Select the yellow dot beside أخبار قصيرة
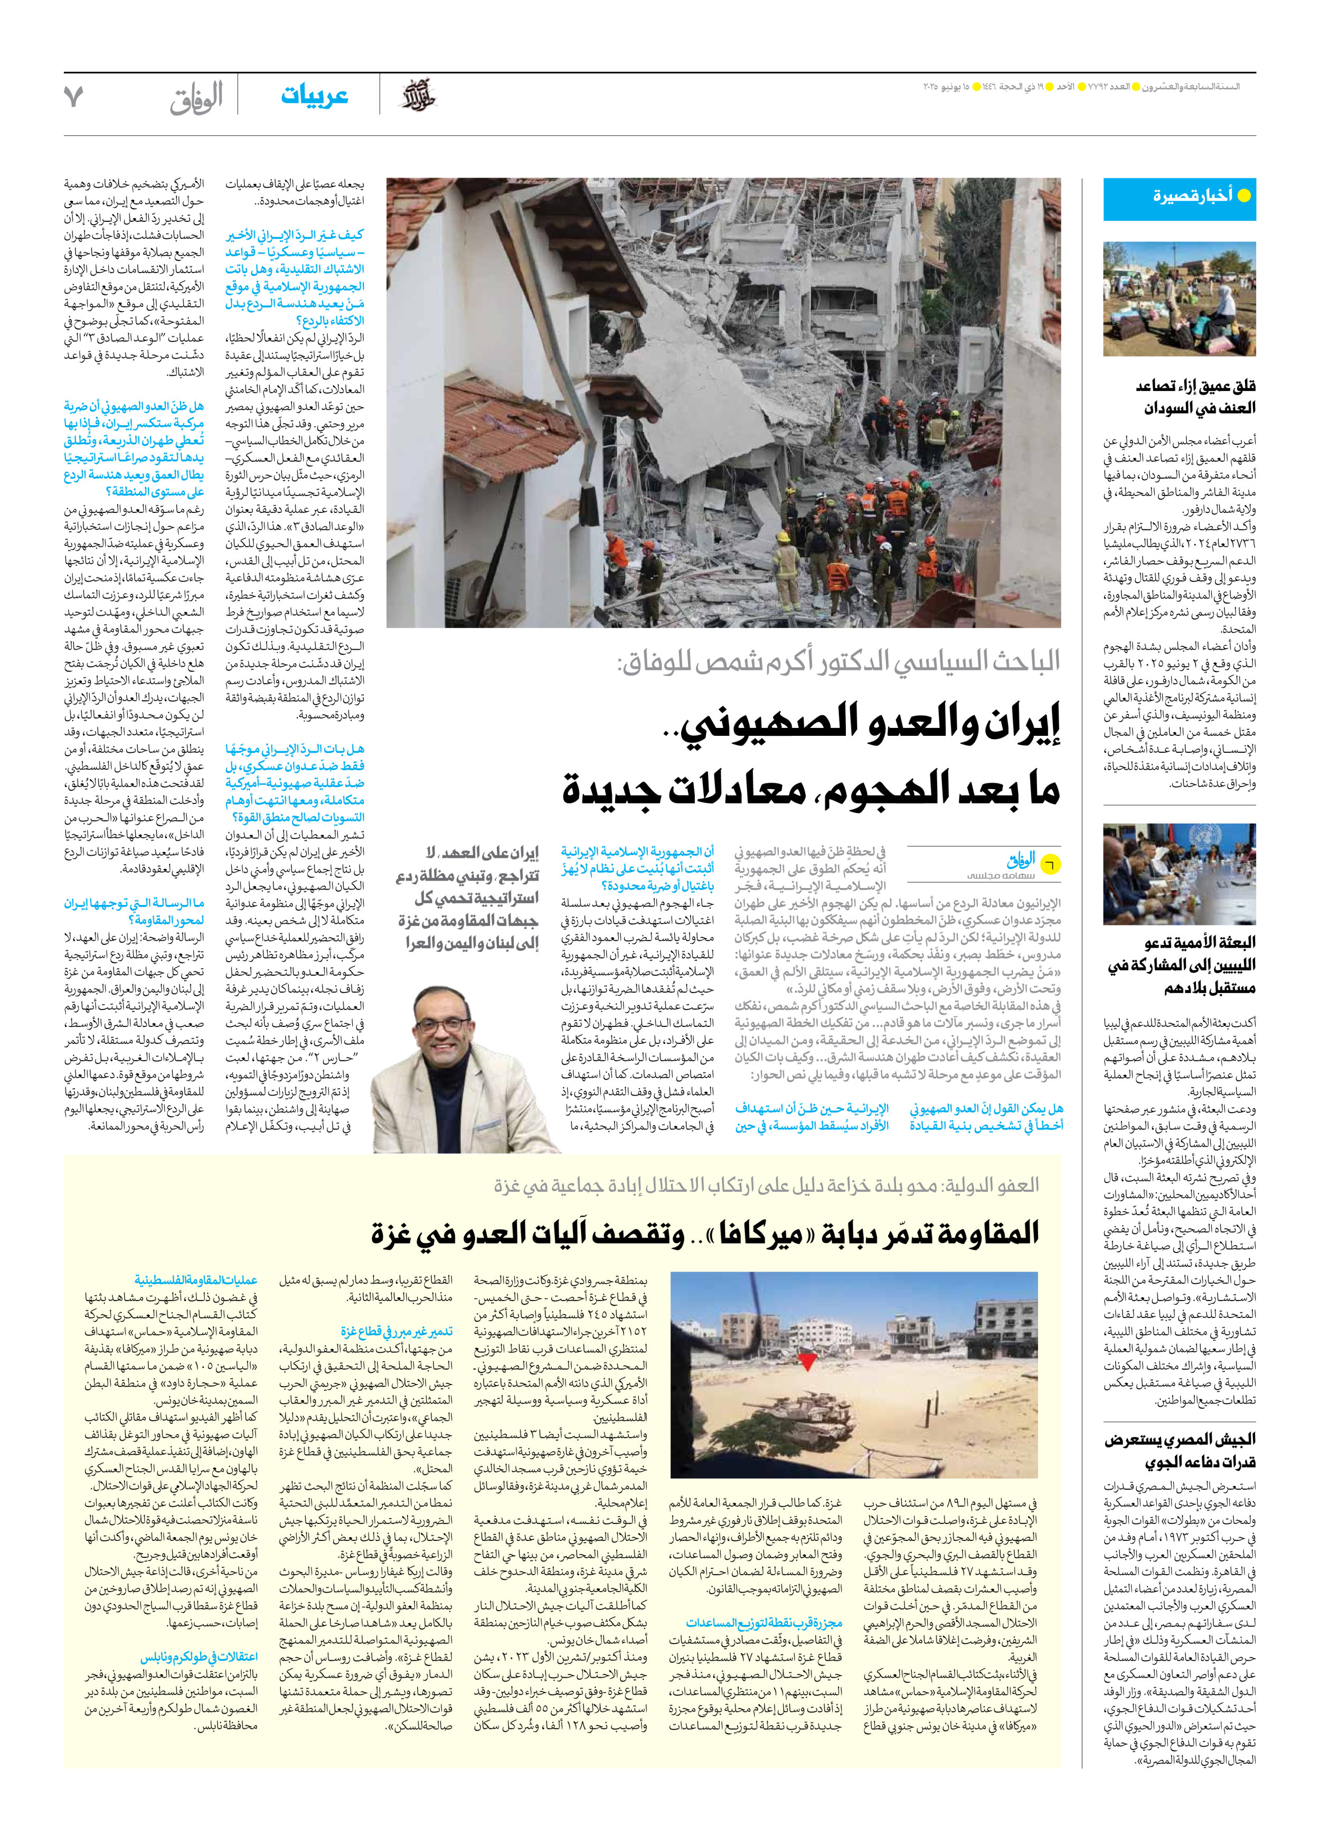coord(1244,195)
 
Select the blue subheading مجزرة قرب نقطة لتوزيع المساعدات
coord(763,1622)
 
